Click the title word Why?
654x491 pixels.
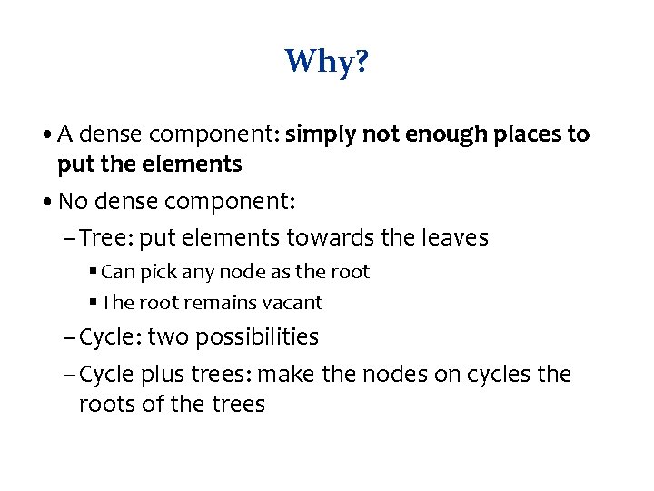326,63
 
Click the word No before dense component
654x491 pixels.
73,202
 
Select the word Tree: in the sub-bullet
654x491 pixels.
108,238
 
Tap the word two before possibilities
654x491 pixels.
163,337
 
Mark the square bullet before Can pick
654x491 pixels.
94,272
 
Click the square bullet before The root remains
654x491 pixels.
94,302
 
